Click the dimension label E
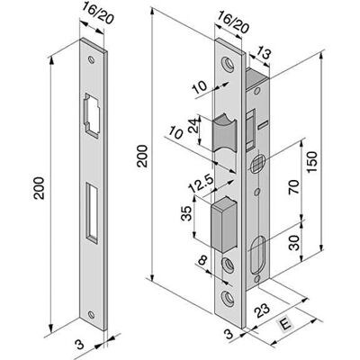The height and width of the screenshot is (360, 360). point(286,325)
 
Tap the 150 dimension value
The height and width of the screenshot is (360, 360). point(312,162)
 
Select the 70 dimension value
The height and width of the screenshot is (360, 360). point(294,186)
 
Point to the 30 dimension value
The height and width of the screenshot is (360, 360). point(294,243)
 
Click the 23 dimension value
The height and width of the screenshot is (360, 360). point(262,311)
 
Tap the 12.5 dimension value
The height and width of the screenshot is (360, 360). point(201,184)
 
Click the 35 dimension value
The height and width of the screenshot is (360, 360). point(186,213)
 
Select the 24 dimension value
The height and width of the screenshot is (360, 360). point(194,125)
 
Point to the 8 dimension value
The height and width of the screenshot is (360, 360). point(203,261)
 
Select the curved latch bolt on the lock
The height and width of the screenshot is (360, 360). point(225,132)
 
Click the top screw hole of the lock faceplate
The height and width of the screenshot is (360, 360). point(228,64)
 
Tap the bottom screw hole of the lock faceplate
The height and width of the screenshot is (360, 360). point(228,299)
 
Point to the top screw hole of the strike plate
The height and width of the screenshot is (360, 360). point(91,59)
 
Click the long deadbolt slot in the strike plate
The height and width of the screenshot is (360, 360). point(93,212)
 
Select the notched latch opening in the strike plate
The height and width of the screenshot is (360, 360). point(92,115)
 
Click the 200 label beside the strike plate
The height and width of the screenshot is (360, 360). point(39,188)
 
